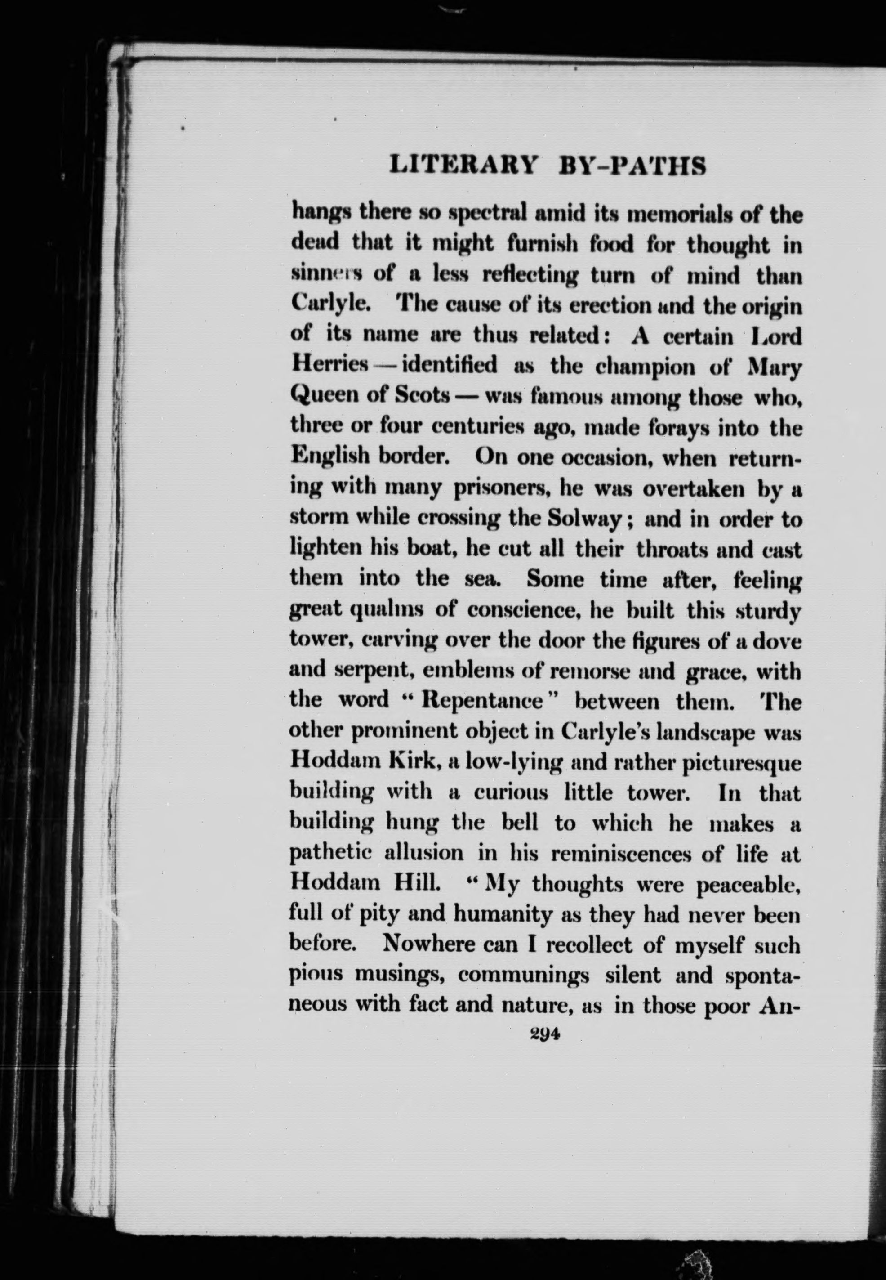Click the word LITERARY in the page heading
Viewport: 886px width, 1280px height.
(x=464, y=166)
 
